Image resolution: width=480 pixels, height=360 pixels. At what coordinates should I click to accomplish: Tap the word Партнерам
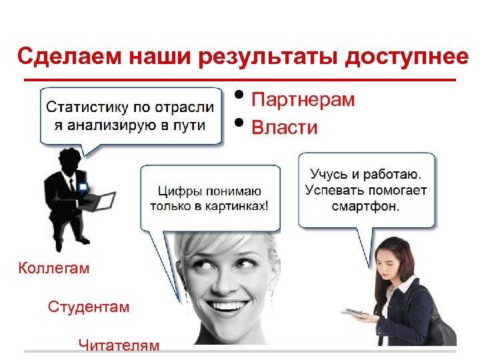click(x=303, y=101)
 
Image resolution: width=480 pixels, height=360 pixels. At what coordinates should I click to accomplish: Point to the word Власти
click(x=285, y=127)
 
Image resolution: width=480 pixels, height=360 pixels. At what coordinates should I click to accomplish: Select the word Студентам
click(x=89, y=307)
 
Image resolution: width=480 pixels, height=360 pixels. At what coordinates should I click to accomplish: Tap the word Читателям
click(x=119, y=345)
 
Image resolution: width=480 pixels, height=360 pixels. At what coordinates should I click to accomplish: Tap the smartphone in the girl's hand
click(x=351, y=312)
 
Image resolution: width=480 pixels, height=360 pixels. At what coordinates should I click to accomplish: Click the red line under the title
click(x=240, y=79)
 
